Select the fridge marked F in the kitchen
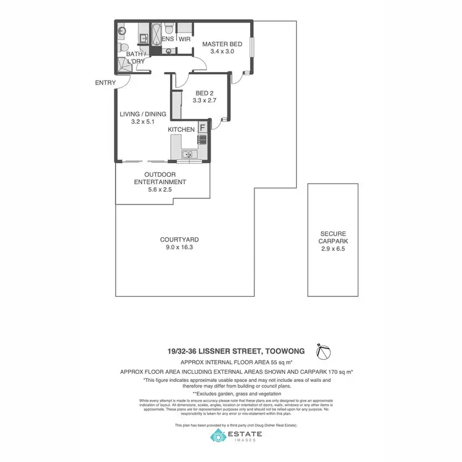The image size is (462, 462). [x=201, y=128]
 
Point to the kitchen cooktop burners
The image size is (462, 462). [x=201, y=140]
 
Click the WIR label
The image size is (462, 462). [x=184, y=39]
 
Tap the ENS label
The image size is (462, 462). [x=168, y=39]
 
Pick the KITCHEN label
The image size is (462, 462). [x=181, y=129]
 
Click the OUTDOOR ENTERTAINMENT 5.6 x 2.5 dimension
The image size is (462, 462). [x=160, y=190]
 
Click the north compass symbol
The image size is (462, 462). [x=322, y=351]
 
